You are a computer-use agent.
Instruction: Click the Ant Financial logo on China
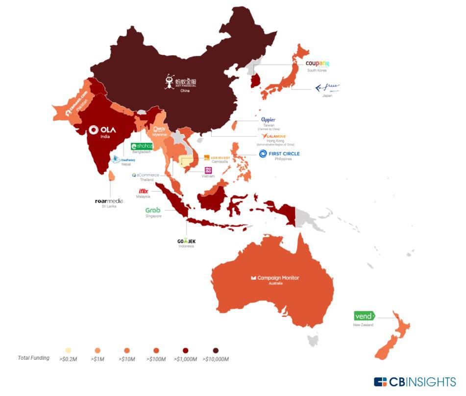pos(176,82)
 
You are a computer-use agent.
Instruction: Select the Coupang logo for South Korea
pos(317,64)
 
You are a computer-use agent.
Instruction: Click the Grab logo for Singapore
pos(153,210)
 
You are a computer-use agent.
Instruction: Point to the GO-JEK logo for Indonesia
pos(186,241)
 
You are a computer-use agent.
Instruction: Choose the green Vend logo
pos(364,316)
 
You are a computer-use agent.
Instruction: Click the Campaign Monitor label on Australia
pos(275,278)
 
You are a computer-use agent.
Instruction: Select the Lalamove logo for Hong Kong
pos(273,136)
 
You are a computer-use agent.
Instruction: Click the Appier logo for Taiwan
pos(268,120)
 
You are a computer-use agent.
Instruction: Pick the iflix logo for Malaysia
pos(144,191)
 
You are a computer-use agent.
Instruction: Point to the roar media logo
pos(109,201)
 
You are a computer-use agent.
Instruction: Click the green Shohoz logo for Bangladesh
pos(142,146)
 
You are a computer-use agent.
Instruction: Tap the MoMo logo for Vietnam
pos(208,170)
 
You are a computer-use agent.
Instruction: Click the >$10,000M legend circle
pos(216,351)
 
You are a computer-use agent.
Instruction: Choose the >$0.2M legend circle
pos(68,351)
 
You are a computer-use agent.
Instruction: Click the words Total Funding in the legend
pos(33,358)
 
